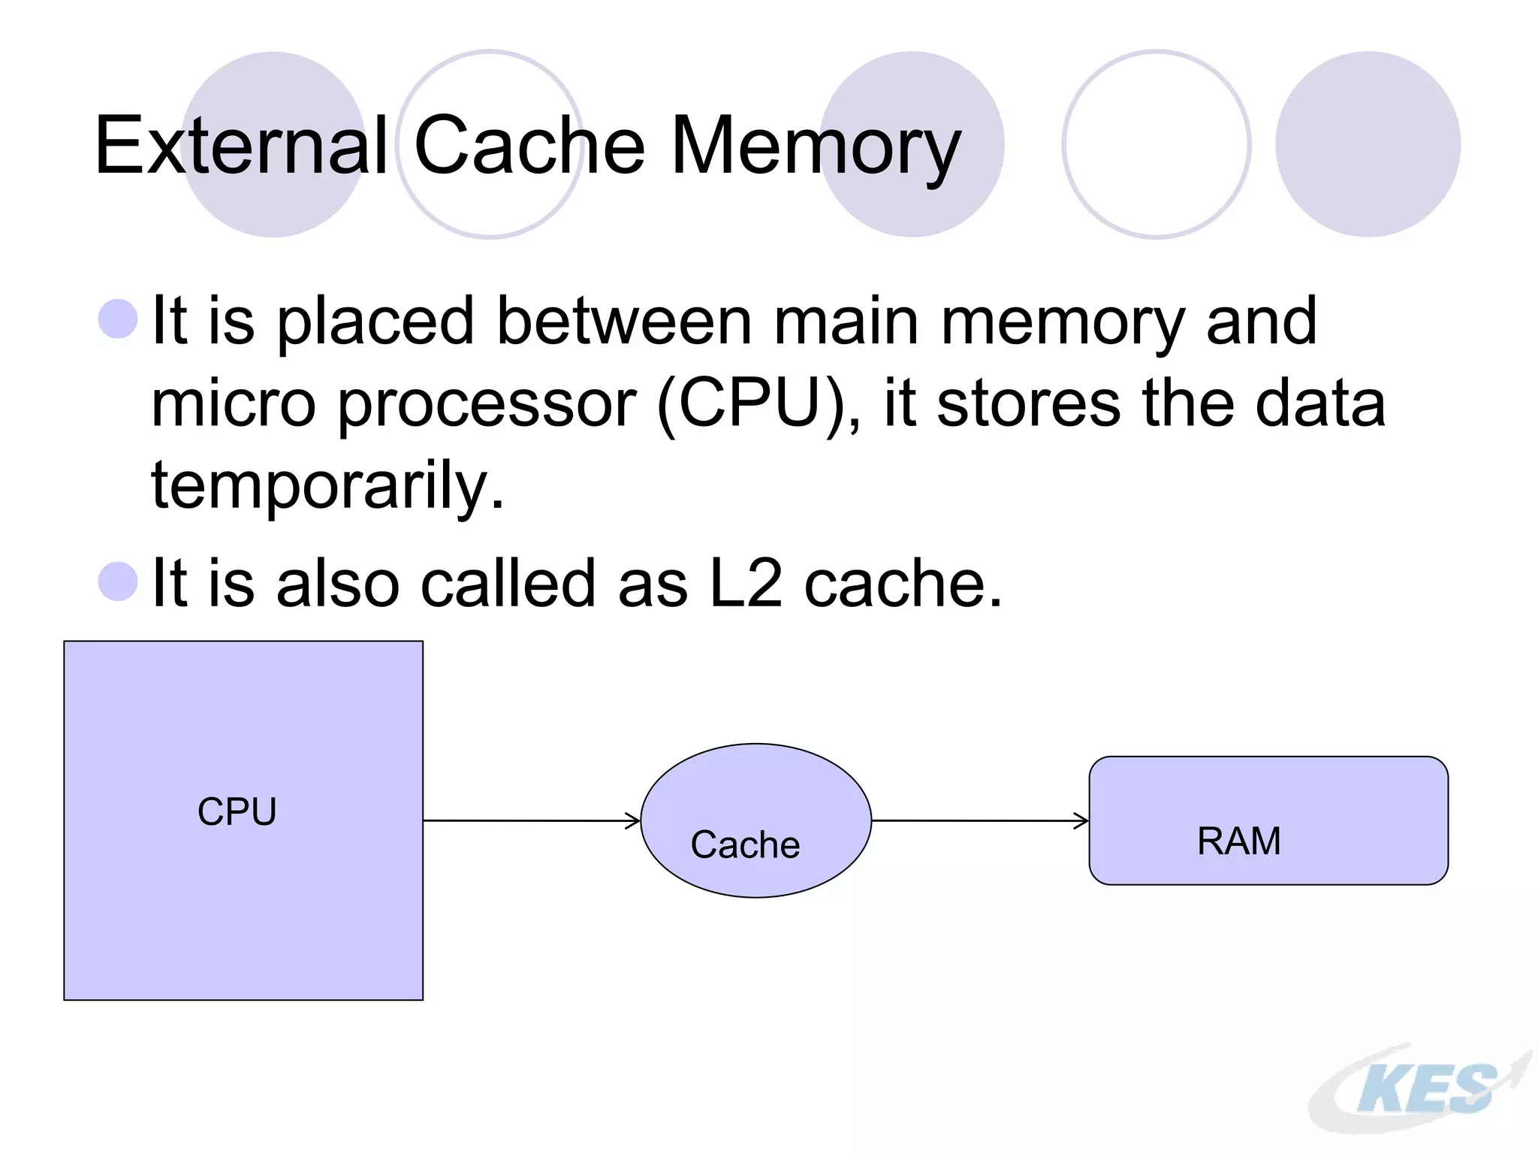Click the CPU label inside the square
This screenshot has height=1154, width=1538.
(x=237, y=811)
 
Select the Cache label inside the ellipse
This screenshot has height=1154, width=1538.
(x=745, y=844)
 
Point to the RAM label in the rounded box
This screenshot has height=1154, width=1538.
(x=1239, y=841)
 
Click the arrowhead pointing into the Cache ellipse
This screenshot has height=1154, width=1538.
(x=634, y=820)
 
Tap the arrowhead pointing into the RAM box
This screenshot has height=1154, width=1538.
(x=1082, y=820)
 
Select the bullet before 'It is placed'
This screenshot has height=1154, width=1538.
(x=118, y=319)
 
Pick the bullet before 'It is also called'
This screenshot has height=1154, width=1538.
(x=118, y=581)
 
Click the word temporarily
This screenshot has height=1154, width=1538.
(x=327, y=485)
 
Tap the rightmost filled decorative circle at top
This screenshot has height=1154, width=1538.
(x=1368, y=144)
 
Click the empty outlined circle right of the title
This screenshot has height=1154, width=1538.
(x=1156, y=144)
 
